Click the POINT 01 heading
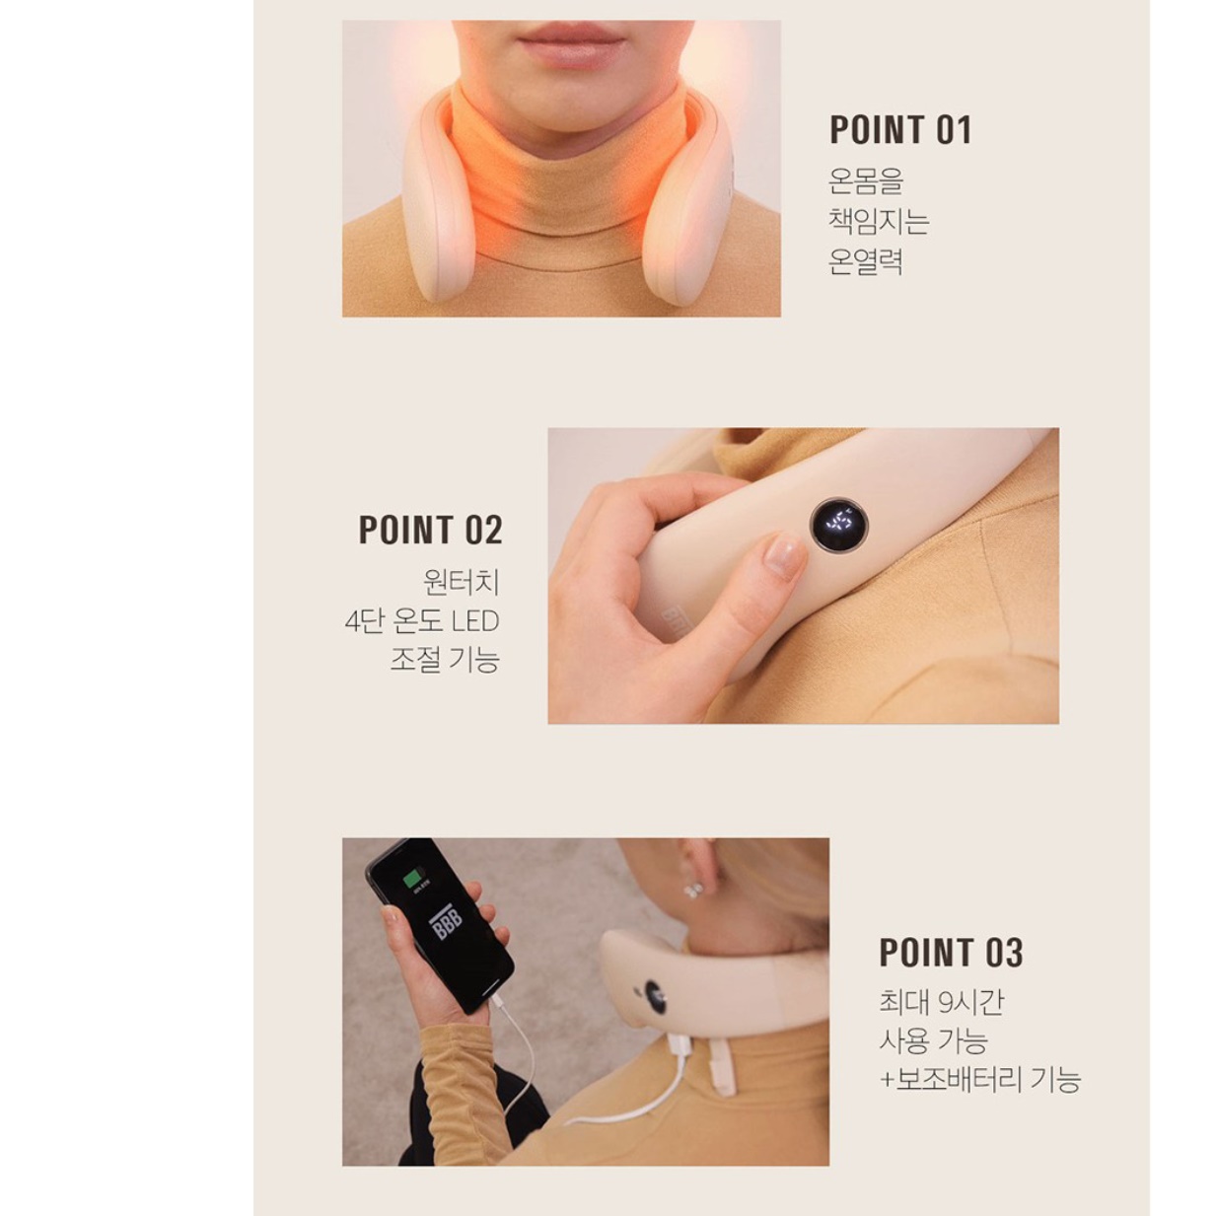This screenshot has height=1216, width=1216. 900,130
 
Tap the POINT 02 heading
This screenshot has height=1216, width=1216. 430,531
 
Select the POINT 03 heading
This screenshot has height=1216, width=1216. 951,953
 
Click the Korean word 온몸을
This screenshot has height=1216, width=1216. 866,181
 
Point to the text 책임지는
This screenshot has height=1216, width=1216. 879,221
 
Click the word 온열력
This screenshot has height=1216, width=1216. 866,261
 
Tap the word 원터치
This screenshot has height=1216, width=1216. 461,582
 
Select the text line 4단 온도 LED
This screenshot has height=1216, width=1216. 422,621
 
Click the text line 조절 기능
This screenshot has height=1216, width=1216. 444,659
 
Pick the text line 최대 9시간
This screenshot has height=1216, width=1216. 941,1002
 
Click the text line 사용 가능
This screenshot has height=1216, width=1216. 933,1040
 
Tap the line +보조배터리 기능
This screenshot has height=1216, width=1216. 979,1079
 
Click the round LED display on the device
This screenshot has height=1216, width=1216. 839,525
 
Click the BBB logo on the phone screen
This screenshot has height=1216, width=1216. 445,924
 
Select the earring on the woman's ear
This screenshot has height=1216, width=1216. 693,890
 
